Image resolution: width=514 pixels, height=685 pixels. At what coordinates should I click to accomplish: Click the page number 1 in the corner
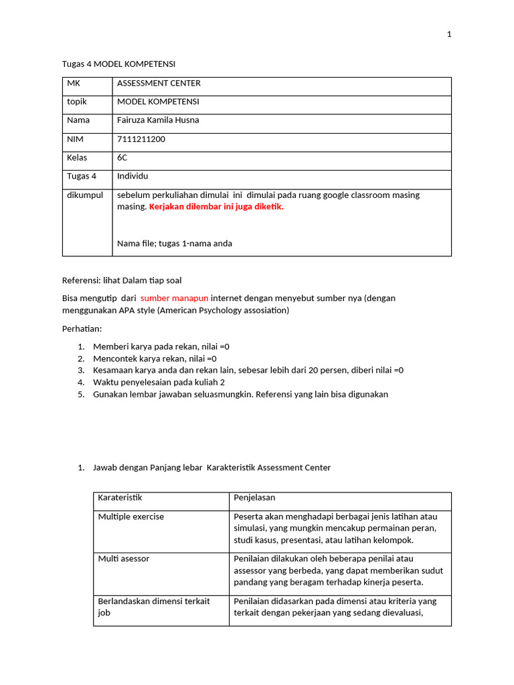450,35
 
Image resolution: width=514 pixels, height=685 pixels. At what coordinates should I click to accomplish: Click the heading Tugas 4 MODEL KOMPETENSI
118,64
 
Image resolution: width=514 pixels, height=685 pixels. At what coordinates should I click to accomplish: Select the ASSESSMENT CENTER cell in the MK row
159,84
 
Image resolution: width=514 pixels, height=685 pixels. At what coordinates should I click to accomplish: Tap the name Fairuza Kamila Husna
158,120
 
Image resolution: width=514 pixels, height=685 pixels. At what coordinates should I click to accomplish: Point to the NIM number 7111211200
141,139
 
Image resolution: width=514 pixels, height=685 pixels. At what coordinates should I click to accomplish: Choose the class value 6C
122,158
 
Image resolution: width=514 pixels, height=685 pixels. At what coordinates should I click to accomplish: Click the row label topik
77,102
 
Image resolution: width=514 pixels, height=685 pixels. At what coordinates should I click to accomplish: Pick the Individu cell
133,176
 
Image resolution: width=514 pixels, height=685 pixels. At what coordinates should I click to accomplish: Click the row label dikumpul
84,195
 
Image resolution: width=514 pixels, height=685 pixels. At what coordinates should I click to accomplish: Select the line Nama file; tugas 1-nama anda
175,243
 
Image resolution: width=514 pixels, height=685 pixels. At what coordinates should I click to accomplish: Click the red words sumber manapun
175,298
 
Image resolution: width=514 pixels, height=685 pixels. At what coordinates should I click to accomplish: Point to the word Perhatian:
83,330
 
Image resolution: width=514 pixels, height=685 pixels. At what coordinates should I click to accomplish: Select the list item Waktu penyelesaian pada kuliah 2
159,382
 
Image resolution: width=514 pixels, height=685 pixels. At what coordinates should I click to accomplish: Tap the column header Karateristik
120,498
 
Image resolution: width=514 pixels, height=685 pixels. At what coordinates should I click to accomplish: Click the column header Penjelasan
254,498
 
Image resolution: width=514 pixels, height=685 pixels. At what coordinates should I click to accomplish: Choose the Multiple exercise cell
131,517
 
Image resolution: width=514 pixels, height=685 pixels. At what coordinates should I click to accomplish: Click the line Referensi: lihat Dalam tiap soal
122,280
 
